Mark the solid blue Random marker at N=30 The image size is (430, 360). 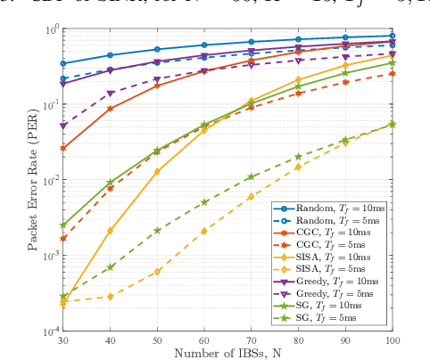pyautogui.click(x=62, y=63)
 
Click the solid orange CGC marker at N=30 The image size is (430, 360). pyautogui.click(x=62, y=148)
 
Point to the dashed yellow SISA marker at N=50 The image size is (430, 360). pyautogui.click(x=157, y=271)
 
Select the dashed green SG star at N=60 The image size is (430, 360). pyautogui.click(x=205, y=202)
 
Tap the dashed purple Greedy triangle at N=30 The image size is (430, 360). pyautogui.click(x=62, y=126)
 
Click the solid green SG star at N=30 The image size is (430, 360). pyautogui.click(x=62, y=225)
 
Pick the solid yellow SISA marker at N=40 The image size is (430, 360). pyautogui.click(x=110, y=230)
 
